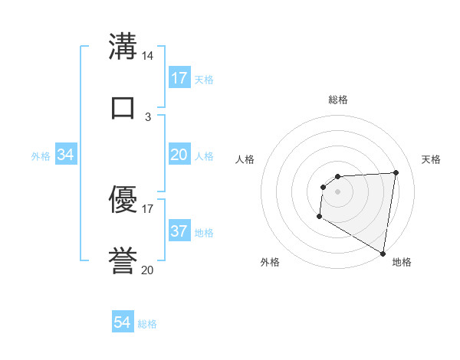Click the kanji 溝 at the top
[x=123, y=48]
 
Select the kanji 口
[x=123, y=106]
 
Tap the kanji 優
[x=123, y=201]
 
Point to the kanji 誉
[x=123, y=260]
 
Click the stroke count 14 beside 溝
[x=148, y=57]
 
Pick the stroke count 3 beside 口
[x=148, y=116]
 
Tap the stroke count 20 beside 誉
[x=148, y=270]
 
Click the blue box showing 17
[x=179, y=78]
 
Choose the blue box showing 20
[x=179, y=155]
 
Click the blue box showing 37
[x=179, y=231]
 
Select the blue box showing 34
[x=66, y=155]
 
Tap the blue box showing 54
[x=123, y=323]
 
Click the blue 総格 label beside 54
[x=147, y=324]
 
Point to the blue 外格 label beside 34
[x=41, y=156]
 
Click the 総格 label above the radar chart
[x=338, y=100]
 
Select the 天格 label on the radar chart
[x=432, y=159]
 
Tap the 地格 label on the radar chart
[x=402, y=262]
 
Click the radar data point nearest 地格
[x=383, y=253]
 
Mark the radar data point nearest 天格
[x=396, y=172]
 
